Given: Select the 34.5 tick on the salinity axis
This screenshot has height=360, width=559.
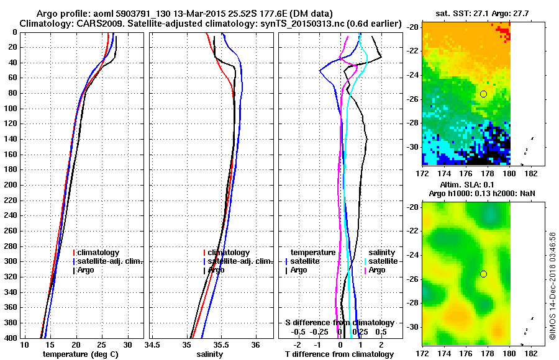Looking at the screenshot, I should point(152,344).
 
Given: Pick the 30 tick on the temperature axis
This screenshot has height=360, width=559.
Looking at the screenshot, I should point(127,344).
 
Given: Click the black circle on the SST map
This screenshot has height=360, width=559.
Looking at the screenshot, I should point(483,94).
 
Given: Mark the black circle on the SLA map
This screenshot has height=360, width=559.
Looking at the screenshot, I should point(483,274).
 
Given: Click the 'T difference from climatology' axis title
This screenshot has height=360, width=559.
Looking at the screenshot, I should point(339,354).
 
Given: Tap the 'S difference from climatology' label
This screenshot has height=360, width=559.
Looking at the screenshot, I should point(339,323).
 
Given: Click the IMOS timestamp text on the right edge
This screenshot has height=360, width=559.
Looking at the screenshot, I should point(553,292).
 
